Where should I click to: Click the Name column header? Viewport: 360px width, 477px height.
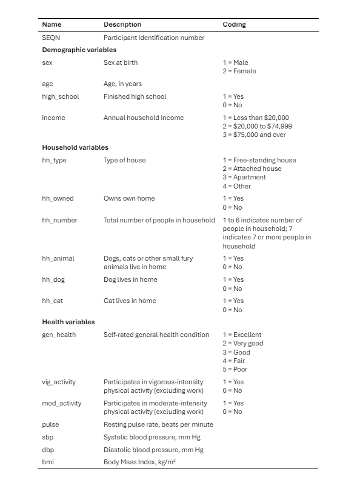pos(52,25)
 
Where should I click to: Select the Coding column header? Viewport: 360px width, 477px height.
pos(234,25)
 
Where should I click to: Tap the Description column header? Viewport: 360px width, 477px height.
pos(122,25)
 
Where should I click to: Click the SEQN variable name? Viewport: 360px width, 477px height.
pos(51,38)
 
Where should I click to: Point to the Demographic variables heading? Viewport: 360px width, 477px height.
pos(79,50)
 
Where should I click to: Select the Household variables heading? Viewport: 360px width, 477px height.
pos(75,147)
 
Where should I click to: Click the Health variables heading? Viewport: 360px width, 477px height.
pos(68,322)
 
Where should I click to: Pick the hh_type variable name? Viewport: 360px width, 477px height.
pos(54,160)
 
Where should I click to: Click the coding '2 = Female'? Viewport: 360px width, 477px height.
pos(239,71)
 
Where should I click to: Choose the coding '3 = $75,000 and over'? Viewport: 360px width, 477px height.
pos(254,135)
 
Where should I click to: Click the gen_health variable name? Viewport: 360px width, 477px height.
pos(59,335)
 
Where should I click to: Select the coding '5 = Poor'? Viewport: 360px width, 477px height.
pos(235,369)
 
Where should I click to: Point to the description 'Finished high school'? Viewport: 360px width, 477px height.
pos(135,96)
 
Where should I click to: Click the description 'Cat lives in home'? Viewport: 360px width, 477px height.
pos(130,301)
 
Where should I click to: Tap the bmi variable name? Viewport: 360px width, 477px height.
pos(48,462)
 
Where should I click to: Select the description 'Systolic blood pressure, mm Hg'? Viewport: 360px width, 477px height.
pos(153,437)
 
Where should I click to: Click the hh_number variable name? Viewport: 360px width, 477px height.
pos(59,220)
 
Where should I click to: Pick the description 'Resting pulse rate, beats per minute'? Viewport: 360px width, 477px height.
pos(158,424)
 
